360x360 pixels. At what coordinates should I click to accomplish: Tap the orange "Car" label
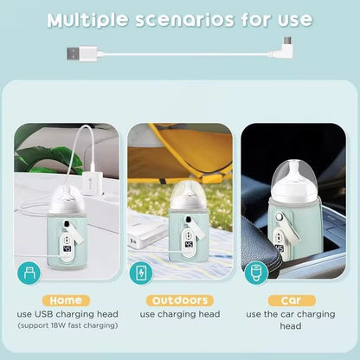pyautogui.click(x=285, y=299)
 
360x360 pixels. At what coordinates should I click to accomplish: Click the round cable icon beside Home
pyautogui.click(x=29, y=273)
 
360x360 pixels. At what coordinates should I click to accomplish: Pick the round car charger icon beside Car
pyautogui.click(x=254, y=273)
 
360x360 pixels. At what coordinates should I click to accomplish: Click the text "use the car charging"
pyautogui.click(x=289, y=314)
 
